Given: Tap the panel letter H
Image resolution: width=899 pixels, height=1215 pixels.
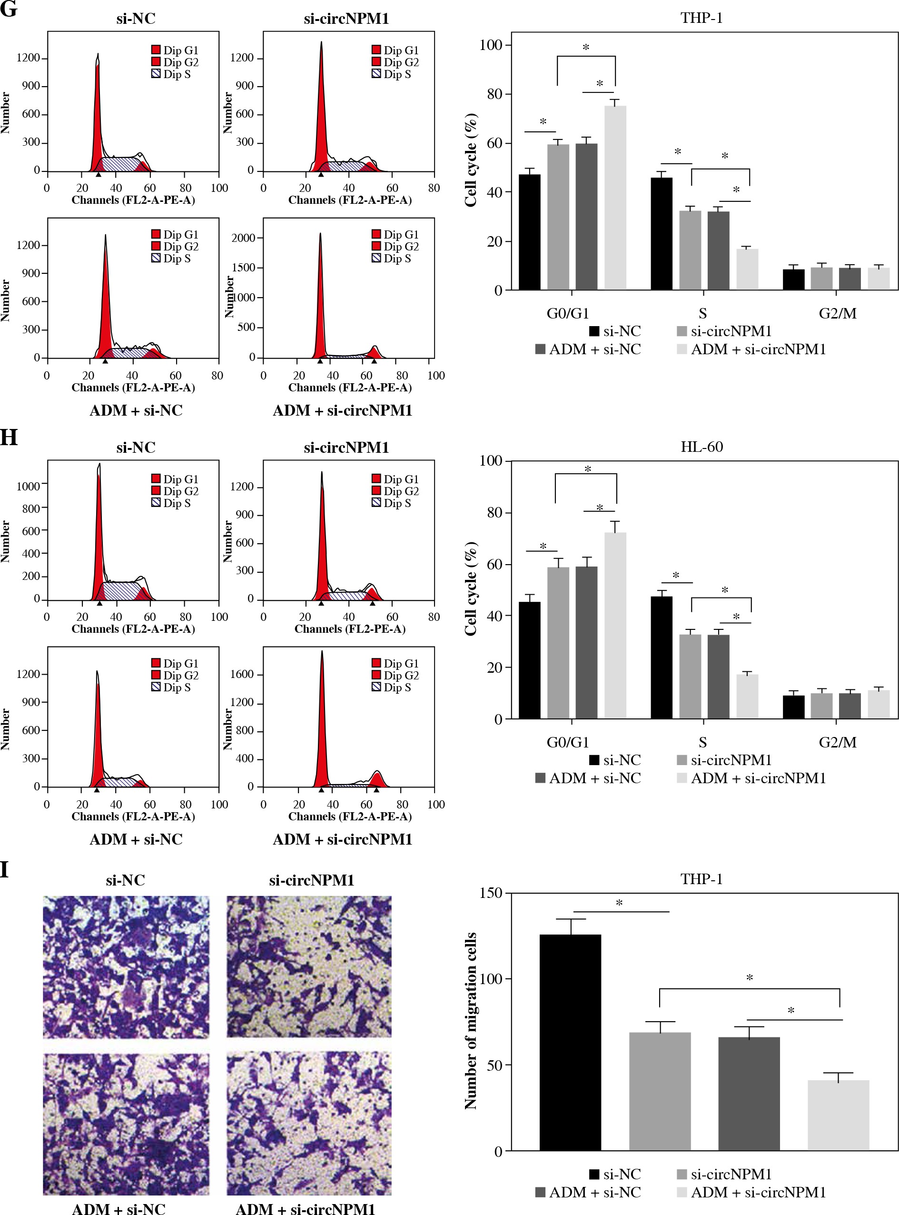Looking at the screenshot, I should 9,437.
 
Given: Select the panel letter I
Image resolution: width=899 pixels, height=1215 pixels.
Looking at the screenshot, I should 4,869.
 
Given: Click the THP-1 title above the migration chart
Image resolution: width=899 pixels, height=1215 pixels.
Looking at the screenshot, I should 701,879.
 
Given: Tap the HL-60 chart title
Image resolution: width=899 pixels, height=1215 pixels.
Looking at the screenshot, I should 701,447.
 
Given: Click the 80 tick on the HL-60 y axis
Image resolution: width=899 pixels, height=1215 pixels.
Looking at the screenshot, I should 494,512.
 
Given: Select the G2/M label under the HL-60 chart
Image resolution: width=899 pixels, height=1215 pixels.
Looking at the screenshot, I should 838,742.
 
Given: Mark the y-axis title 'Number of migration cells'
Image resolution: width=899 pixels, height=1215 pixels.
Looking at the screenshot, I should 471,1021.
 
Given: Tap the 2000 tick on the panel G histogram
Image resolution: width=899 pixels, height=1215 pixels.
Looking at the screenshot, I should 243,238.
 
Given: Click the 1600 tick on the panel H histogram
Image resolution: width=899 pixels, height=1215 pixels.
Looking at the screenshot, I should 242,674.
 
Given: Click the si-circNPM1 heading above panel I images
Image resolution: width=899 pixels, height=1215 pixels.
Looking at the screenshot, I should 311,880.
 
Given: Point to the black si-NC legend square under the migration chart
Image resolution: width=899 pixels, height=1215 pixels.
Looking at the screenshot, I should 594,1174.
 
